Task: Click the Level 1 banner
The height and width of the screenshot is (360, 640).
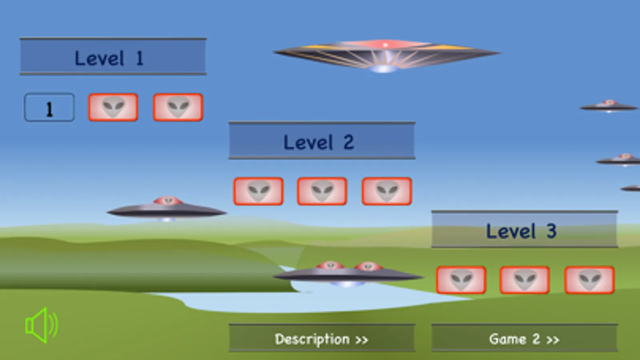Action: tap(113, 57)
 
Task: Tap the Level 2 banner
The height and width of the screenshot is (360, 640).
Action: tap(322, 141)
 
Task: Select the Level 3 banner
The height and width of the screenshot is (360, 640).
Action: tap(524, 230)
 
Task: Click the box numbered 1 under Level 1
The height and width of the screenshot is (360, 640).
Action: tap(49, 108)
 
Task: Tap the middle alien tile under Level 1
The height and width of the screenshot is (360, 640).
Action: tap(113, 108)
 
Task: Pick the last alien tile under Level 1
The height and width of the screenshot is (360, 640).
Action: tap(178, 108)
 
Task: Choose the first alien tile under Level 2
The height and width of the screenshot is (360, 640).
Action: tap(259, 192)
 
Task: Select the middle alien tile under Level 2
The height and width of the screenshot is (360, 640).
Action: tap(322, 192)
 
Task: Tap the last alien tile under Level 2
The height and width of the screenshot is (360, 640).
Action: tap(387, 192)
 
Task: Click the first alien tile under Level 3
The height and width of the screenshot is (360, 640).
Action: tap(461, 280)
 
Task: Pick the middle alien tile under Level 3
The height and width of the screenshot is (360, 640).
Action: tap(524, 280)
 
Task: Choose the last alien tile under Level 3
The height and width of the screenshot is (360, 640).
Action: tap(589, 280)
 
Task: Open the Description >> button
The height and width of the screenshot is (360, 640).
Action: tap(322, 338)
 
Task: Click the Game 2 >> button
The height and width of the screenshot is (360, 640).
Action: tap(524, 338)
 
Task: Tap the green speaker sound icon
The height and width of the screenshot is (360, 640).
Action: tap(41, 325)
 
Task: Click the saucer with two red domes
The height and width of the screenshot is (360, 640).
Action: tap(347, 274)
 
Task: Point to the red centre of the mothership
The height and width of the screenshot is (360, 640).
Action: tap(385, 45)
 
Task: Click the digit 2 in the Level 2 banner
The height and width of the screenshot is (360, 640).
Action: tap(349, 142)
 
